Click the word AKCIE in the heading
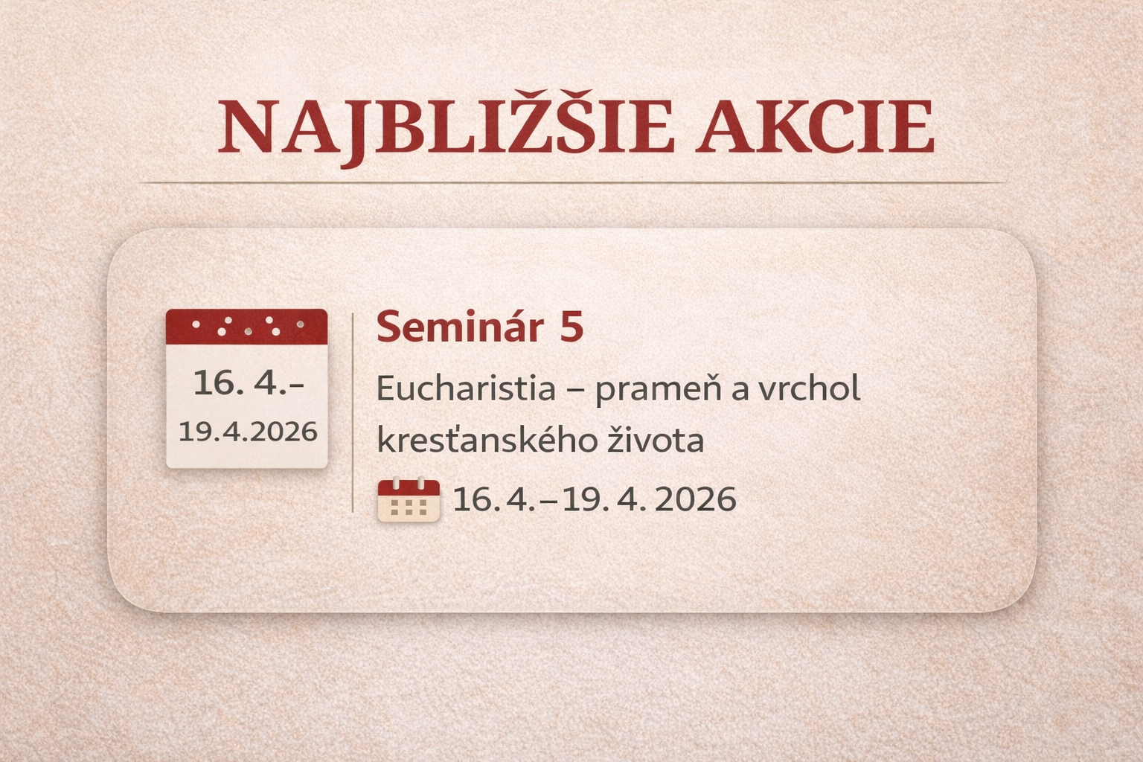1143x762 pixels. (817, 127)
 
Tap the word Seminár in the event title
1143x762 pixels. (459, 327)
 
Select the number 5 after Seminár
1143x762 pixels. (571, 327)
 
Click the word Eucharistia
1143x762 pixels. (466, 388)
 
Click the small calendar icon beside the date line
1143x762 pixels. (409, 500)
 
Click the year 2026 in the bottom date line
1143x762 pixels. (696, 499)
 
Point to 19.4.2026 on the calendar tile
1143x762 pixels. (248, 432)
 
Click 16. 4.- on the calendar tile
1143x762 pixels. (248, 383)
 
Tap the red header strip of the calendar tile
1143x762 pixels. (246, 326)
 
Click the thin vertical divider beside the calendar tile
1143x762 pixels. (352, 413)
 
